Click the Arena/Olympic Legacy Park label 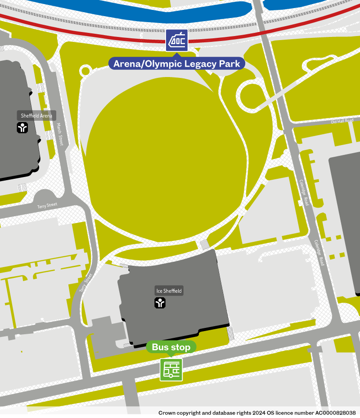pos(177,64)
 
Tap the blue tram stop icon pos(177,41)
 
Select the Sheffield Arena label pos(36,116)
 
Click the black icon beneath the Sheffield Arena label pos(22,128)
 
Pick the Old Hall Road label pos(342,121)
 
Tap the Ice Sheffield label pos(169,291)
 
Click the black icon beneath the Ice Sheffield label pos(160,303)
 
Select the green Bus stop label pos(171,347)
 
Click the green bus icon pos(171,370)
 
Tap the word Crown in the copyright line pos(167,413)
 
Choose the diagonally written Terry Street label pos(85,283)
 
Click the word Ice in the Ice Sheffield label pos(158,291)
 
